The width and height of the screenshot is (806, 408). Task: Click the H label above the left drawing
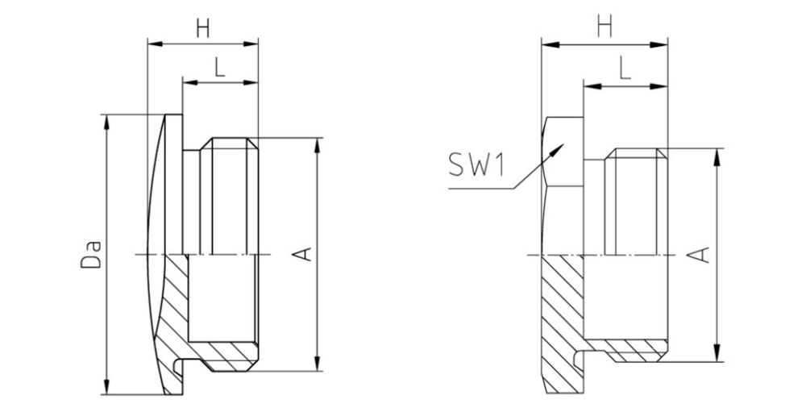(203, 28)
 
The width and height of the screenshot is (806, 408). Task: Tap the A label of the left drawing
(305, 254)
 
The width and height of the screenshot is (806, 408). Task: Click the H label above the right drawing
(604, 28)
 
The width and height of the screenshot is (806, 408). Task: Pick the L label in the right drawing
(625, 70)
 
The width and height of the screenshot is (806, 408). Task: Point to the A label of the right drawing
(702, 255)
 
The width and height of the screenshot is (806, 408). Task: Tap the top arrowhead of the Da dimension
(107, 122)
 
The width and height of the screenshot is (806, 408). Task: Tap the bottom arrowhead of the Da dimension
(107, 387)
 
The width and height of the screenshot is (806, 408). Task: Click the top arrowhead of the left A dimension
(317, 145)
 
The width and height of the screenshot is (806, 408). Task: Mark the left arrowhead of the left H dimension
(156, 44)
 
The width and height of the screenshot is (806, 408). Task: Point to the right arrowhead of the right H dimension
(659, 45)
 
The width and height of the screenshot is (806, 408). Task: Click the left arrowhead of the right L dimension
(591, 86)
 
